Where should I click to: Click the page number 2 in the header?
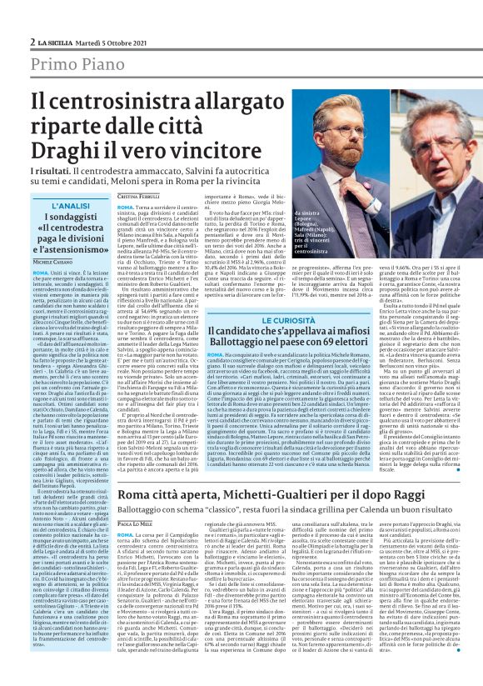point(32,18)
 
